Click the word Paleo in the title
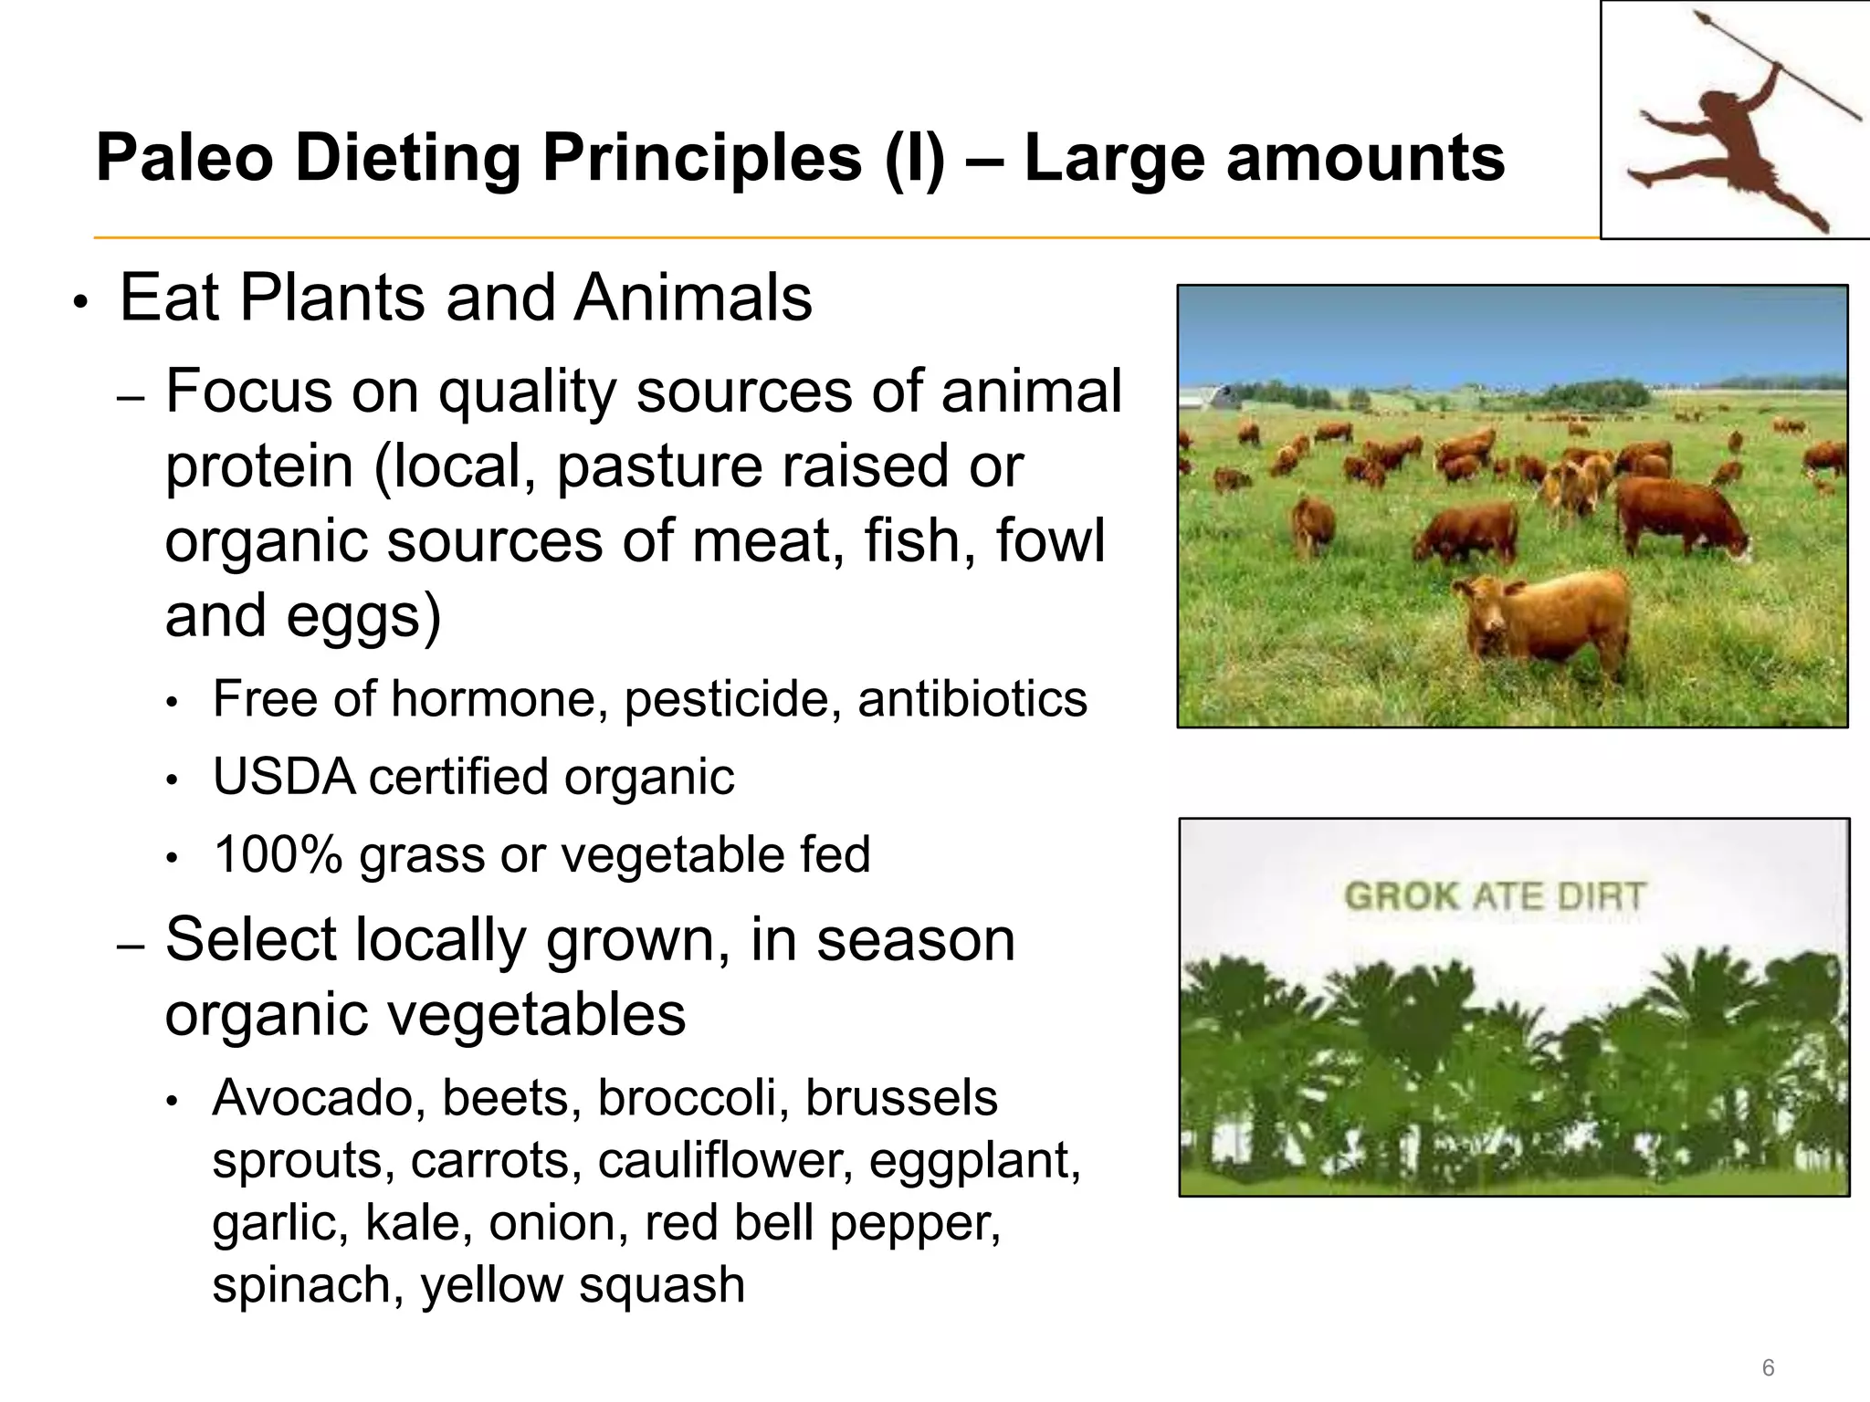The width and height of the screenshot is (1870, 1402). pos(184,158)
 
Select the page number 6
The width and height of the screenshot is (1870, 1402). pos(1768,1367)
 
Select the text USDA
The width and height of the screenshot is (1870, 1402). pos(284,778)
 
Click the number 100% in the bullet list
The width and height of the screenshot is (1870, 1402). pos(278,855)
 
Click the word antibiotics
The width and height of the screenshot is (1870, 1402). pos(972,699)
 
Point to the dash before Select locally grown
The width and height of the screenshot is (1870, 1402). pos(131,947)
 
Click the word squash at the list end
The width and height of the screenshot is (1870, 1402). pos(661,1285)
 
